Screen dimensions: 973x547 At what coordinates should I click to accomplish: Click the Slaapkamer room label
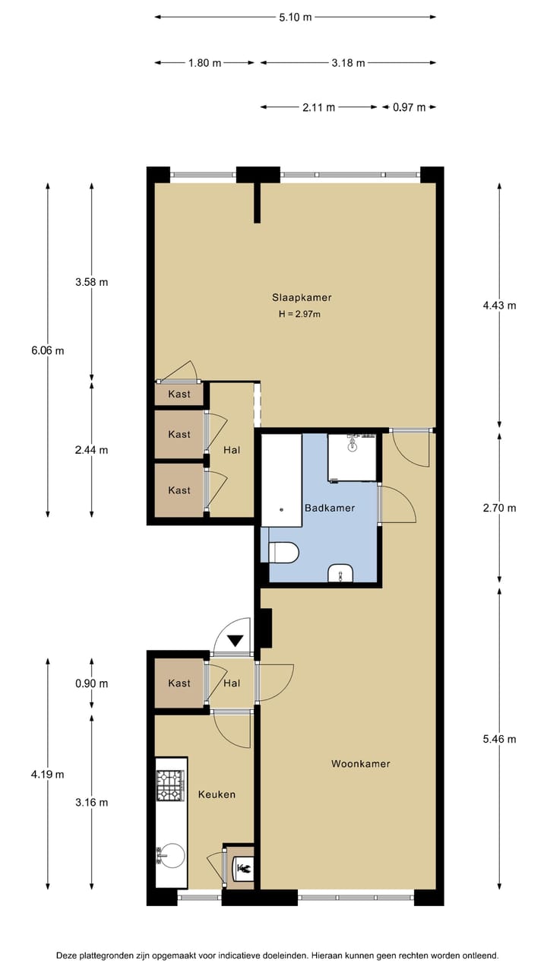pos(302,297)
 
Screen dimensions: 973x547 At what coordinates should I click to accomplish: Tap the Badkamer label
pos(329,508)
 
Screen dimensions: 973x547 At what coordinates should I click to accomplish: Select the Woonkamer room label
pos(360,763)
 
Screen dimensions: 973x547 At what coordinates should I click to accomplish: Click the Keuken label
pos(217,794)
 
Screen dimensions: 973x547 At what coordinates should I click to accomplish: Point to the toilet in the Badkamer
pos(284,553)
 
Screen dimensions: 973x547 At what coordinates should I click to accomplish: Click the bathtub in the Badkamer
pos(281,480)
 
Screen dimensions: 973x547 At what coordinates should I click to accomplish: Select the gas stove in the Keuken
pos(170,786)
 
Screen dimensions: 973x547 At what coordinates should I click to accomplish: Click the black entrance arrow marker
pos(236,641)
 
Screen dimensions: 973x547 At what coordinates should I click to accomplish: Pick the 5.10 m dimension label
pos(295,17)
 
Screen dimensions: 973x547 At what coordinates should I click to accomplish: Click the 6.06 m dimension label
pos(47,350)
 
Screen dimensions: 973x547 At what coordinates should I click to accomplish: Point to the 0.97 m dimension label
pos(409,107)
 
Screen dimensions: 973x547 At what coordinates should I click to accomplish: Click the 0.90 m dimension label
pos(91,683)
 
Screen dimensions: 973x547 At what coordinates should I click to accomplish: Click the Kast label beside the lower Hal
pos(179,683)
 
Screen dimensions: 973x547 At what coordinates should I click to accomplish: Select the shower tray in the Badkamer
pos(353,457)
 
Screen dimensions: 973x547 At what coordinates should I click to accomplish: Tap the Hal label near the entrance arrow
pos(232,683)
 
